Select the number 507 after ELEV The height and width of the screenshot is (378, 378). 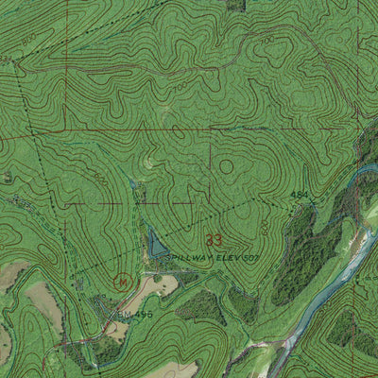250,256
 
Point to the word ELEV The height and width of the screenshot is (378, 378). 227,256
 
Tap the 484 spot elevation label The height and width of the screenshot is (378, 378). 300,196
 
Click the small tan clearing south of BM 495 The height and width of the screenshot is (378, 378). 116,330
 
